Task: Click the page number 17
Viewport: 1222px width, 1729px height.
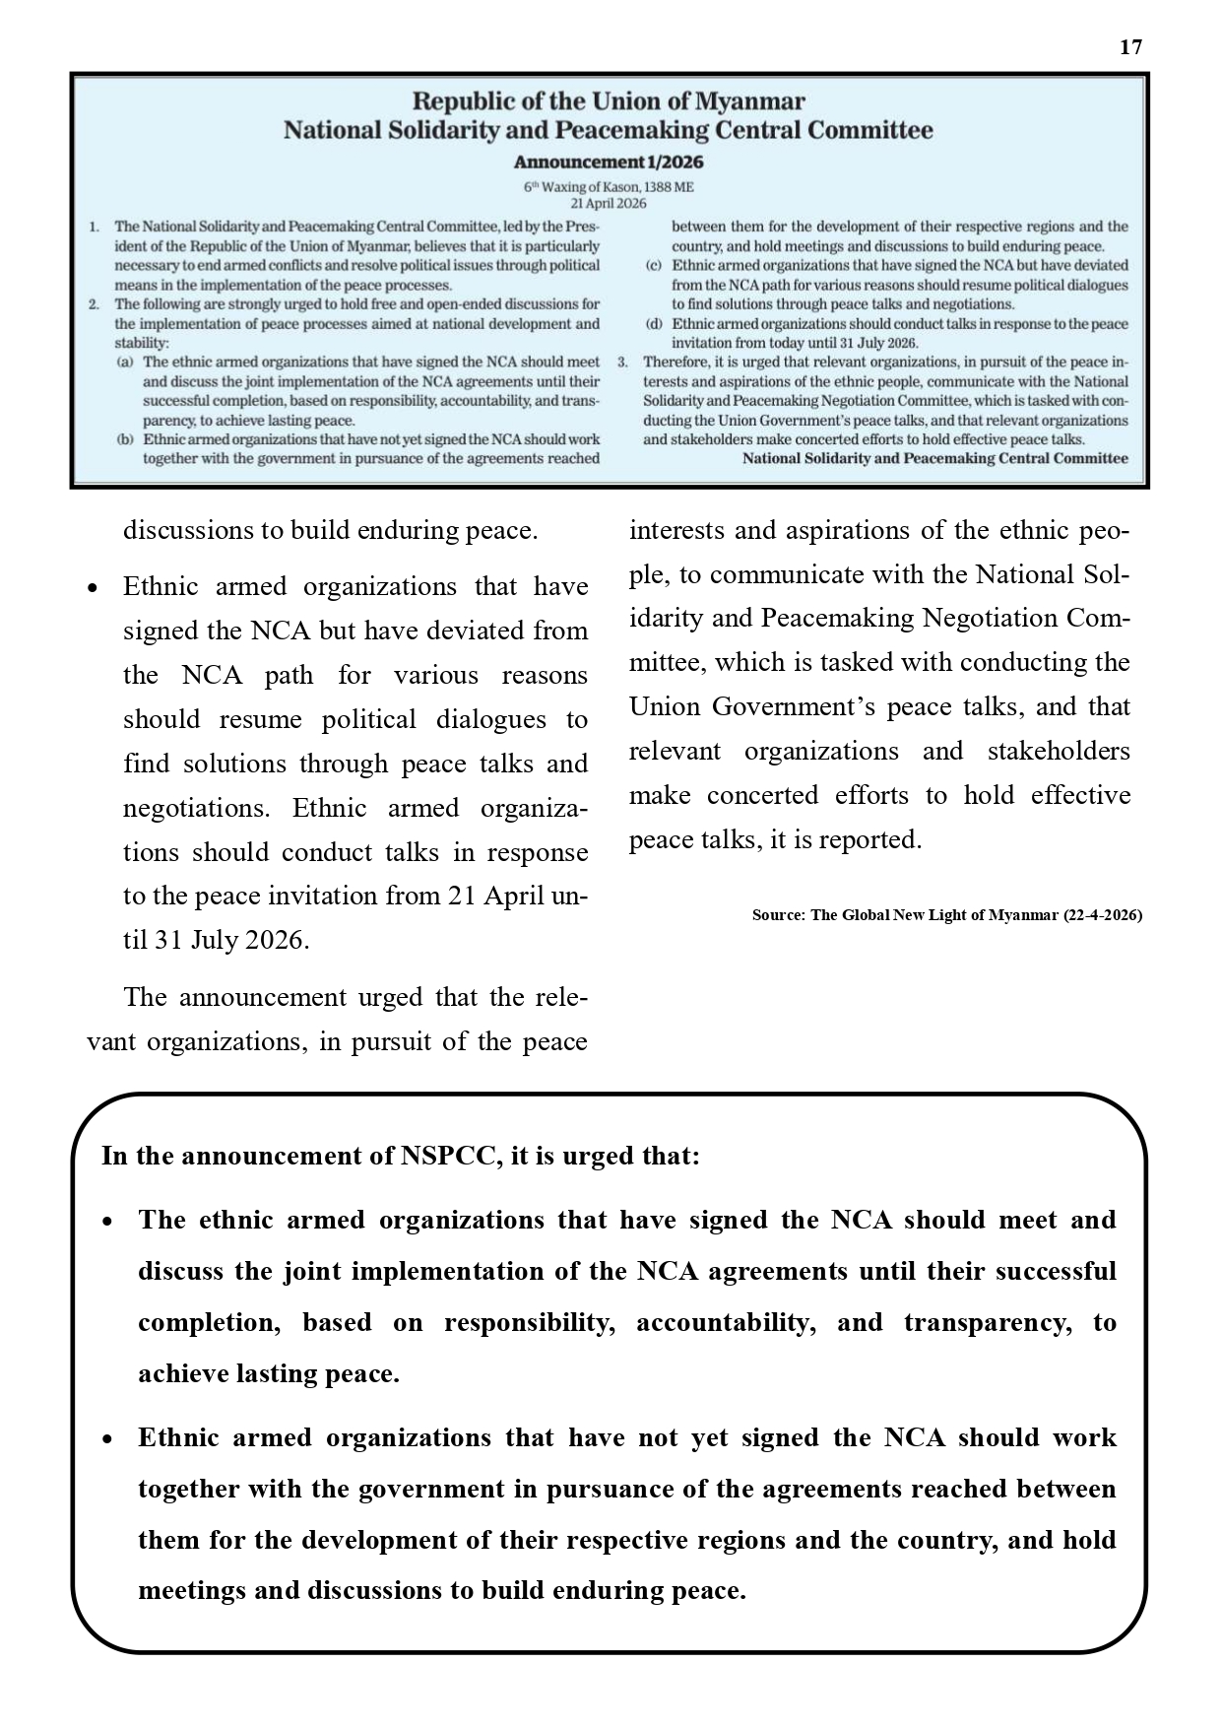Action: pyautogui.click(x=1130, y=47)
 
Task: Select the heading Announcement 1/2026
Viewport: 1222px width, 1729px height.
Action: pyautogui.click(x=609, y=162)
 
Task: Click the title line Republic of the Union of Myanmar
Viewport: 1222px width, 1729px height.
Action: pyautogui.click(x=609, y=101)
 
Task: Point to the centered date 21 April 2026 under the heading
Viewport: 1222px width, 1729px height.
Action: pyautogui.click(x=609, y=203)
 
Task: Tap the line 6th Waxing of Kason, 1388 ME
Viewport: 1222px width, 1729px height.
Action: pyautogui.click(x=609, y=186)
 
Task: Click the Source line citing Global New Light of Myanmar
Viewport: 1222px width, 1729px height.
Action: pyautogui.click(x=946, y=915)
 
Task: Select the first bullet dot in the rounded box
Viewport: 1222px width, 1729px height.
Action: pyautogui.click(x=108, y=1222)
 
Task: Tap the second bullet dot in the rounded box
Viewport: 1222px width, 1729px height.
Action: pyautogui.click(x=108, y=1439)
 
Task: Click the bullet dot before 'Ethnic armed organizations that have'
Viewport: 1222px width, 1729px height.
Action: pyautogui.click(x=93, y=588)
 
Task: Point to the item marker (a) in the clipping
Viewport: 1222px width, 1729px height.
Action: pyautogui.click(x=124, y=363)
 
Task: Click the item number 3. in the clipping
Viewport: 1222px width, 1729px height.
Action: pyautogui.click(x=622, y=363)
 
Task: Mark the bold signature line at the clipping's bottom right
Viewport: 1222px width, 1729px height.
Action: pyautogui.click(x=934, y=459)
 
